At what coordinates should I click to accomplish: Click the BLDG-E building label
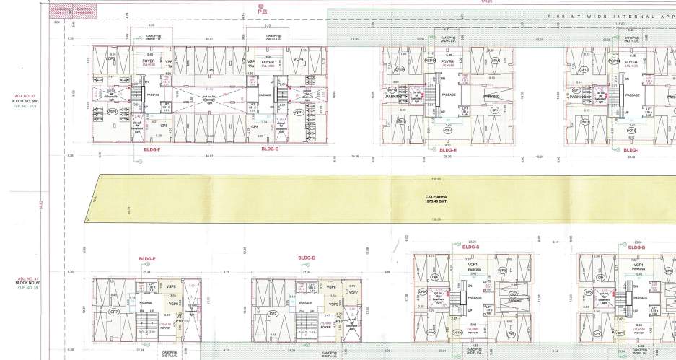(146, 258)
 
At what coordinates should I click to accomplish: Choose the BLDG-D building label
(307, 258)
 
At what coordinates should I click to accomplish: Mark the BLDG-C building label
(470, 247)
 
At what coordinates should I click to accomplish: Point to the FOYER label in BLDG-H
(447, 62)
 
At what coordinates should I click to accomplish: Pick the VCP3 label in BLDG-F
(111, 59)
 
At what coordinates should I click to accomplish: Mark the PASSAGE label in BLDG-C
(474, 297)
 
